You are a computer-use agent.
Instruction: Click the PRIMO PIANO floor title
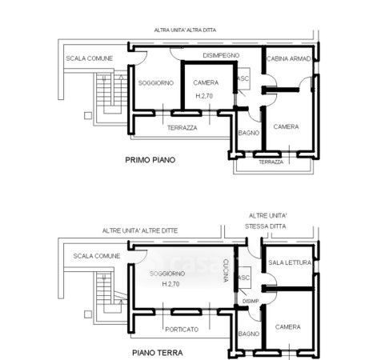pyautogui.click(x=150, y=160)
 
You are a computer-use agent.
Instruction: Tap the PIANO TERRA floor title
pyautogui.click(x=158, y=353)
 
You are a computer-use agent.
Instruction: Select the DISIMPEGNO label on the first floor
pyautogui.click(x=221, y=55)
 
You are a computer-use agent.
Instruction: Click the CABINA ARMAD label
pyautogui.click(x=289, y=58)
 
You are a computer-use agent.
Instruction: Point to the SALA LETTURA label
pyautogui.click(x=290, y=262)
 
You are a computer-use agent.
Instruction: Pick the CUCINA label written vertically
pyautogui.click(x=226, y=270)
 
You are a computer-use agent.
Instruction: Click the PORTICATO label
pyautogui.click(x=182, y=330)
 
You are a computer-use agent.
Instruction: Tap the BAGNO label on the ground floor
pyautogui.click(x=249, y=334)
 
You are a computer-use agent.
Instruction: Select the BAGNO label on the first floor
pyautogui.click(x=249, y=133)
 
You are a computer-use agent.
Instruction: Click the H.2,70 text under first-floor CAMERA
pyautogui.click(x=204, y=96)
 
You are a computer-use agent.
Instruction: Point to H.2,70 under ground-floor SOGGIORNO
pyautogui.click(x=170, y=284)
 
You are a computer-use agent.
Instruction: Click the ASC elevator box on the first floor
pyautogui.click(x=243, y=78)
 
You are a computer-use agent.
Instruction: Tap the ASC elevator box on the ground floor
pyautogui.click(x=244, y=278)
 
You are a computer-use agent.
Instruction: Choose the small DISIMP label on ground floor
pyautogui.click(x=251, y=301)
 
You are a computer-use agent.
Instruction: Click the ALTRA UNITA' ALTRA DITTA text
pyautogui.click(x=185, y=30)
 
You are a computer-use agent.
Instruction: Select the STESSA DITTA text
pyautogui.click(x=266, y=226)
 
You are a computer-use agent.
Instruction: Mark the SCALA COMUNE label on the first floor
pyautogui.click(x=90, y=58)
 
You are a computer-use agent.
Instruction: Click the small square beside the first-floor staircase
pyautogui.click(x=88, y=116)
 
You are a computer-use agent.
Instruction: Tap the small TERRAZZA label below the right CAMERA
pyautogui.click(x=271, y=162)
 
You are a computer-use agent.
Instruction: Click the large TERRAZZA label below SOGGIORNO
pyautogui.click(x=182, y=128)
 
